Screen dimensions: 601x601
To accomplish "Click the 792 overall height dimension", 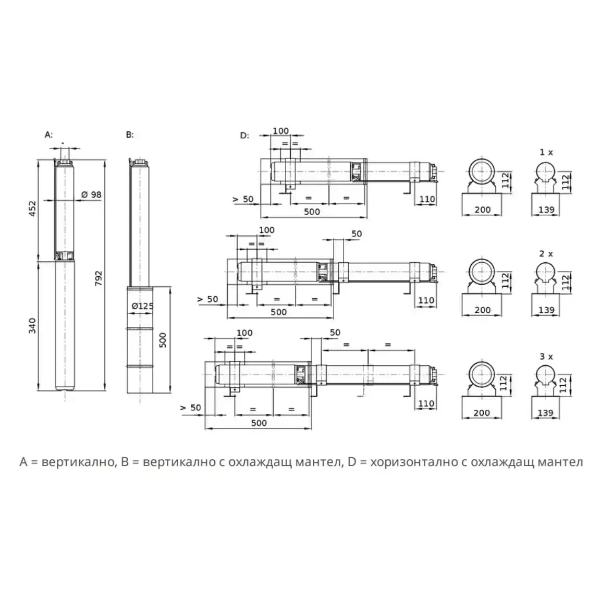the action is [x=99, y=278].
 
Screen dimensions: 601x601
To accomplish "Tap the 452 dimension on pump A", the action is [x=33, y=208].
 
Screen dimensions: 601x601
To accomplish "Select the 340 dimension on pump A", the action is [x=33, y=326].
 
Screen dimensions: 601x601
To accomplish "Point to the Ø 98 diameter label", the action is [x=91, y=195].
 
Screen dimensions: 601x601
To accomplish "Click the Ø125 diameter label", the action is [x=142, y=306].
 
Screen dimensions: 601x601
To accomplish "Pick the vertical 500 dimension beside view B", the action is [x=163, y=340].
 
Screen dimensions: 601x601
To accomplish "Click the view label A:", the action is [x=48, y=134].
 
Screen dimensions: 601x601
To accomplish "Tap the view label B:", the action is [x=130, y=134].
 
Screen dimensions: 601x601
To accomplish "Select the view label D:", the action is [x=244, y=136].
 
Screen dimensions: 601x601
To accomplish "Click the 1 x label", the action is [x=546, y=152].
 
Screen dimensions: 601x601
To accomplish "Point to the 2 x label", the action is [x=546, y=254].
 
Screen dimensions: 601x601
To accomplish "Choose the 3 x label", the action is [x=546, y=357].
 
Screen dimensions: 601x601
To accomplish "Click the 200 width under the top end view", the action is [x=483, y=210].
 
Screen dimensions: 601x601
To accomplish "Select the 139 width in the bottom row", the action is [x=545, y=413].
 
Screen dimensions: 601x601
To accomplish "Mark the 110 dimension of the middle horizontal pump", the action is [x=426, y=300].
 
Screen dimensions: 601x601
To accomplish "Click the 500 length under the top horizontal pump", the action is [x=312, y=212].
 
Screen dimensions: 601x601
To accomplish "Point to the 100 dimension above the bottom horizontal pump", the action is [x=244, y=333].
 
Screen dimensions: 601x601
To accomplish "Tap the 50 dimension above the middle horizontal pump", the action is [x=357, y=234].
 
